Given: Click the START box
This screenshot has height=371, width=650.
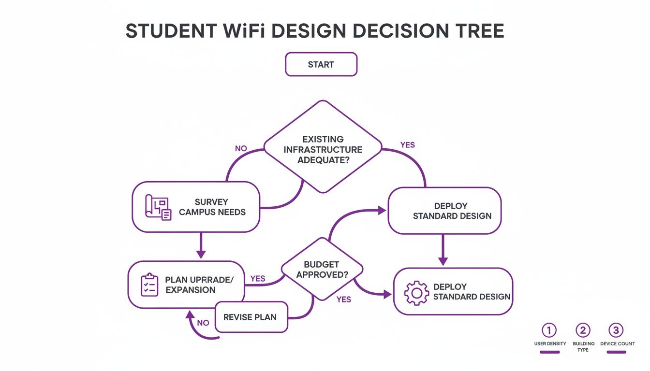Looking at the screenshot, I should (x=321, y=65).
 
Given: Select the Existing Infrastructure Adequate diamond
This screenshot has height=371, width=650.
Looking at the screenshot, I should (x=323, y=147).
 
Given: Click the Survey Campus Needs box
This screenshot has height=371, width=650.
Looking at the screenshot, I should (x=196, y=207).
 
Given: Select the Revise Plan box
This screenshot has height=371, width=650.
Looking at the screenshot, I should (x=251, y=317).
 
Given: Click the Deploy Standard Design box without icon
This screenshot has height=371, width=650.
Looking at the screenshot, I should (x=444, y=211).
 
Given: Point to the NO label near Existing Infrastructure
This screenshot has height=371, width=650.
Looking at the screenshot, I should (x=241, y=148).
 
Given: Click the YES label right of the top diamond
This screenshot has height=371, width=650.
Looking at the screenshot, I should (x=407, y=145).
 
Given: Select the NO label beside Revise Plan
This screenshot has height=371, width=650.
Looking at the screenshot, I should (x=204, y=323).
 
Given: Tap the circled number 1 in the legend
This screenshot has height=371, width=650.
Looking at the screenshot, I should (x=549, y=330).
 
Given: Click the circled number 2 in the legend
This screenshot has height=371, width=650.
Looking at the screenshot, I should (x=583, y=330).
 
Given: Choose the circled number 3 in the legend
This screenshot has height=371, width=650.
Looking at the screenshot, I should (x=616, y=330).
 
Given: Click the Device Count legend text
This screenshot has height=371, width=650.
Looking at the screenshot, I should (x=617, y=343).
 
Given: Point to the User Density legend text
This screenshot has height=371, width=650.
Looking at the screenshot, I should (x=550, y=343).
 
